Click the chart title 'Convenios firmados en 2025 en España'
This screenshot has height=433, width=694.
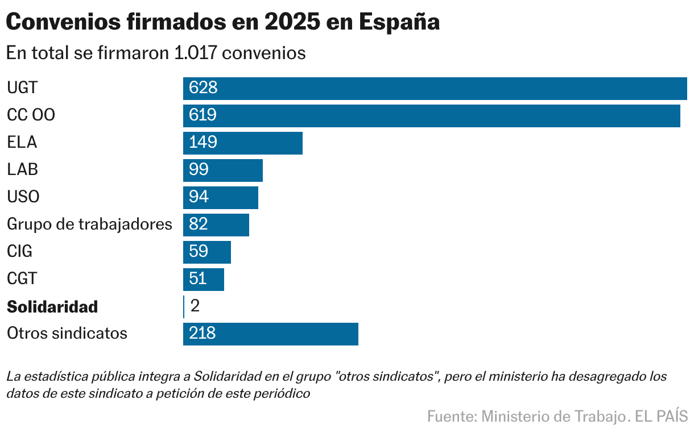click(222, 22)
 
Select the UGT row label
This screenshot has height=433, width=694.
click(22, 88)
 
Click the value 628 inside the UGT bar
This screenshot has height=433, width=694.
click(203, 88)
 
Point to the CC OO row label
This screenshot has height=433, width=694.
click(31, 115)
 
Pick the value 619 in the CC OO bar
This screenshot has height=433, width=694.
click(203, 115)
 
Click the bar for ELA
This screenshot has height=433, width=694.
click(242, 143)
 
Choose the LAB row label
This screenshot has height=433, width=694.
click(22, 169)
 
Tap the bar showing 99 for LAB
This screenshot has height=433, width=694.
click(222, 170)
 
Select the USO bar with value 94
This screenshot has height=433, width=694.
click(220, 197)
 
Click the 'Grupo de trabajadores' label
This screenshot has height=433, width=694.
click(89, 224)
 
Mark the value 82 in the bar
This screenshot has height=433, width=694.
click(199, 224)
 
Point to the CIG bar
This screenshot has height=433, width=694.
click(206, 252)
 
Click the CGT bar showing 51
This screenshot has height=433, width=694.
click(203, 279)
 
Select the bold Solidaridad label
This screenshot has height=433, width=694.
click(52, 307)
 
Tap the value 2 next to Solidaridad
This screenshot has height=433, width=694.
click(195, 306)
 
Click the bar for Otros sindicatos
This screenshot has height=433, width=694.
click(270, 334)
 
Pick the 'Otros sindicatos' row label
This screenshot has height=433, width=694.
click(67, 333)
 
